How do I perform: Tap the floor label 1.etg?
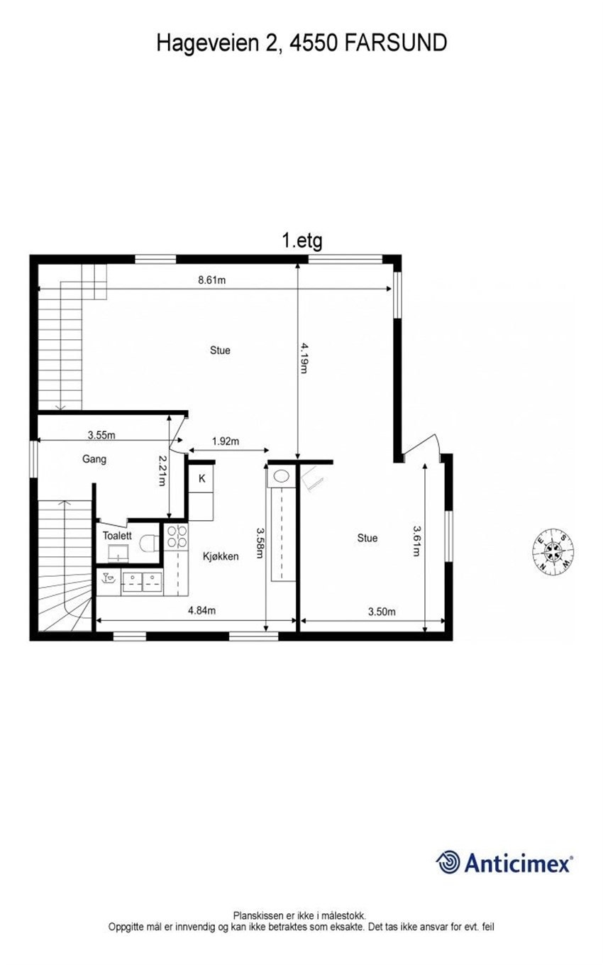pyautogui.click(x=302, y=241)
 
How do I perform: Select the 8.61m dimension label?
pyautogui.click(x=211, y=280)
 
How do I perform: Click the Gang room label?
pyautogui.click(x=94, y=459)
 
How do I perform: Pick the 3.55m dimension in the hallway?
pyautogui.click(x=101, y=434)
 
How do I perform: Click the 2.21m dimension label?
pyautogui.click(x=162, y=470)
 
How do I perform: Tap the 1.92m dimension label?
pyautogui.click(x=226, y=441)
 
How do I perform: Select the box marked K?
pyautogui.click(x=201, y=479)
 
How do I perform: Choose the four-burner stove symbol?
pyautogui.click(x=177, y=536)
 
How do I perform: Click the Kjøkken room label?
pyautogui.click(x=220, y=556)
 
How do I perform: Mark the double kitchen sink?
pyautogui.click(x=142, y=582)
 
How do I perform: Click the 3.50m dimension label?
pyautogui.click(x=382, y=612)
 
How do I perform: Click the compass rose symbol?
pyautogui.click(x=553, y=551)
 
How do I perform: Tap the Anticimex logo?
pyautogui.click(x=504, y=862)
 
